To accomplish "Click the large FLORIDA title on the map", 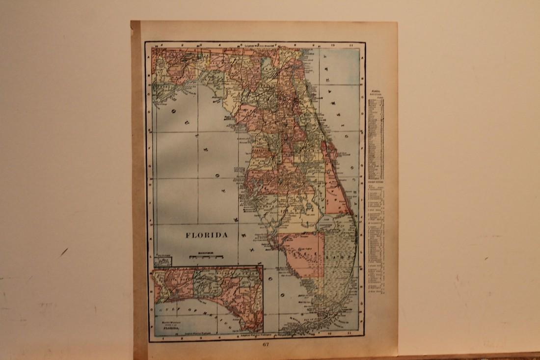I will [x=207, y=235].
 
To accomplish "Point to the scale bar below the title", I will [x=207, y=256].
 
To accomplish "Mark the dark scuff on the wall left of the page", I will [x=63, y=252].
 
